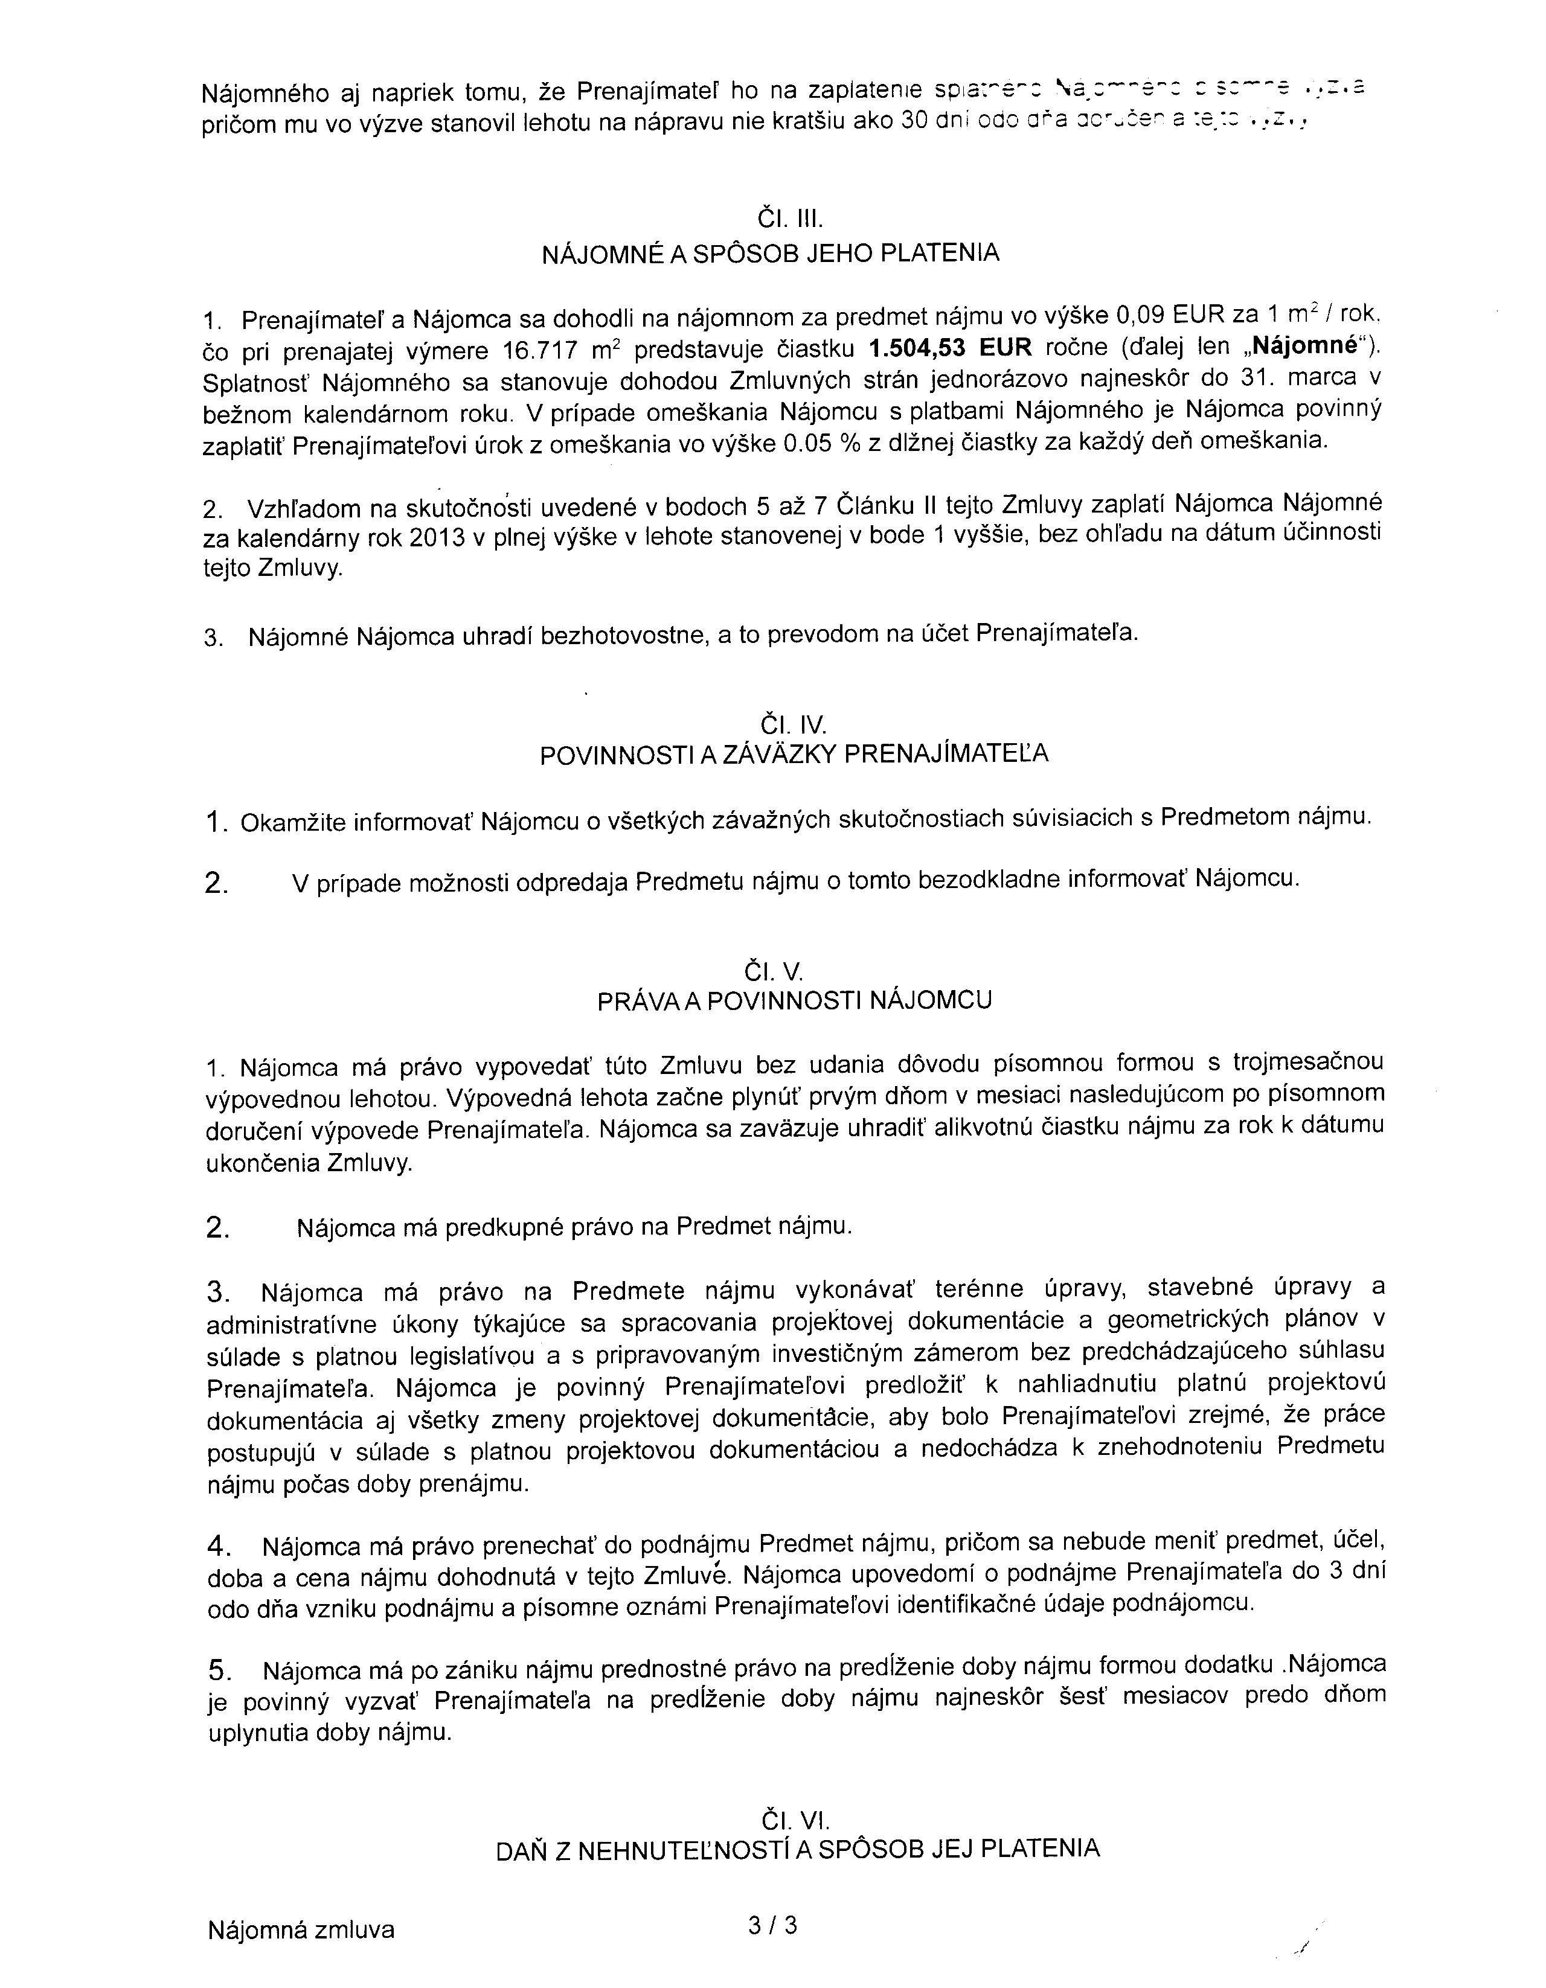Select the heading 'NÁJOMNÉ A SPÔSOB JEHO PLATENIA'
tap(770, 253)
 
